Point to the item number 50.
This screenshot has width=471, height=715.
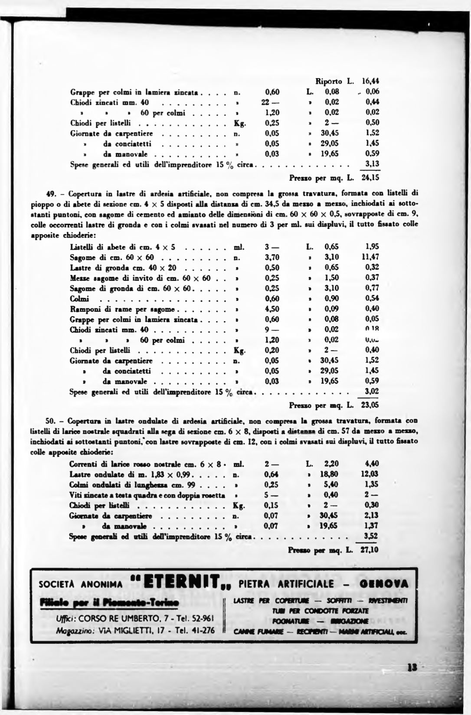pos(51,421)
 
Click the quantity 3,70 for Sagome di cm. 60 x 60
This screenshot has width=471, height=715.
pos(272,257)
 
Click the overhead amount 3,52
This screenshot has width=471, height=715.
pos(371,536)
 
